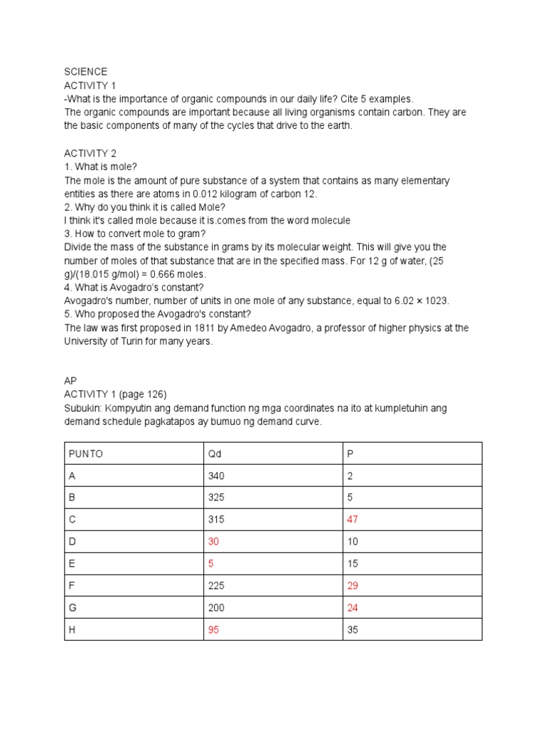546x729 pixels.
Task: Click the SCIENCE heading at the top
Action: (86, 72)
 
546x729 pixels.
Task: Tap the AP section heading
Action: (70, 381)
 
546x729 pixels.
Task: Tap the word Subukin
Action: (85, 408)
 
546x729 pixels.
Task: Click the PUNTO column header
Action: (85, 453)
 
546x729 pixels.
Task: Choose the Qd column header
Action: (215, 453)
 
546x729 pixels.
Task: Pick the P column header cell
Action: (350, 453)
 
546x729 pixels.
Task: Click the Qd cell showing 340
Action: (216, 476)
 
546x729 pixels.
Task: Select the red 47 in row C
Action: (353, 520)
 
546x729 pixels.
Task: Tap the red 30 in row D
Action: (213, 542)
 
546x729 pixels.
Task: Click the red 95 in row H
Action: (213, 630)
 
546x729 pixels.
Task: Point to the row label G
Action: (72, 608)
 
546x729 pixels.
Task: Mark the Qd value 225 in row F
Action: (216, 586)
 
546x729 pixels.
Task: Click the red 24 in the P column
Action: (353, 608)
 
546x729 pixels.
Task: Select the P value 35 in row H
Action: (353, 630)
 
